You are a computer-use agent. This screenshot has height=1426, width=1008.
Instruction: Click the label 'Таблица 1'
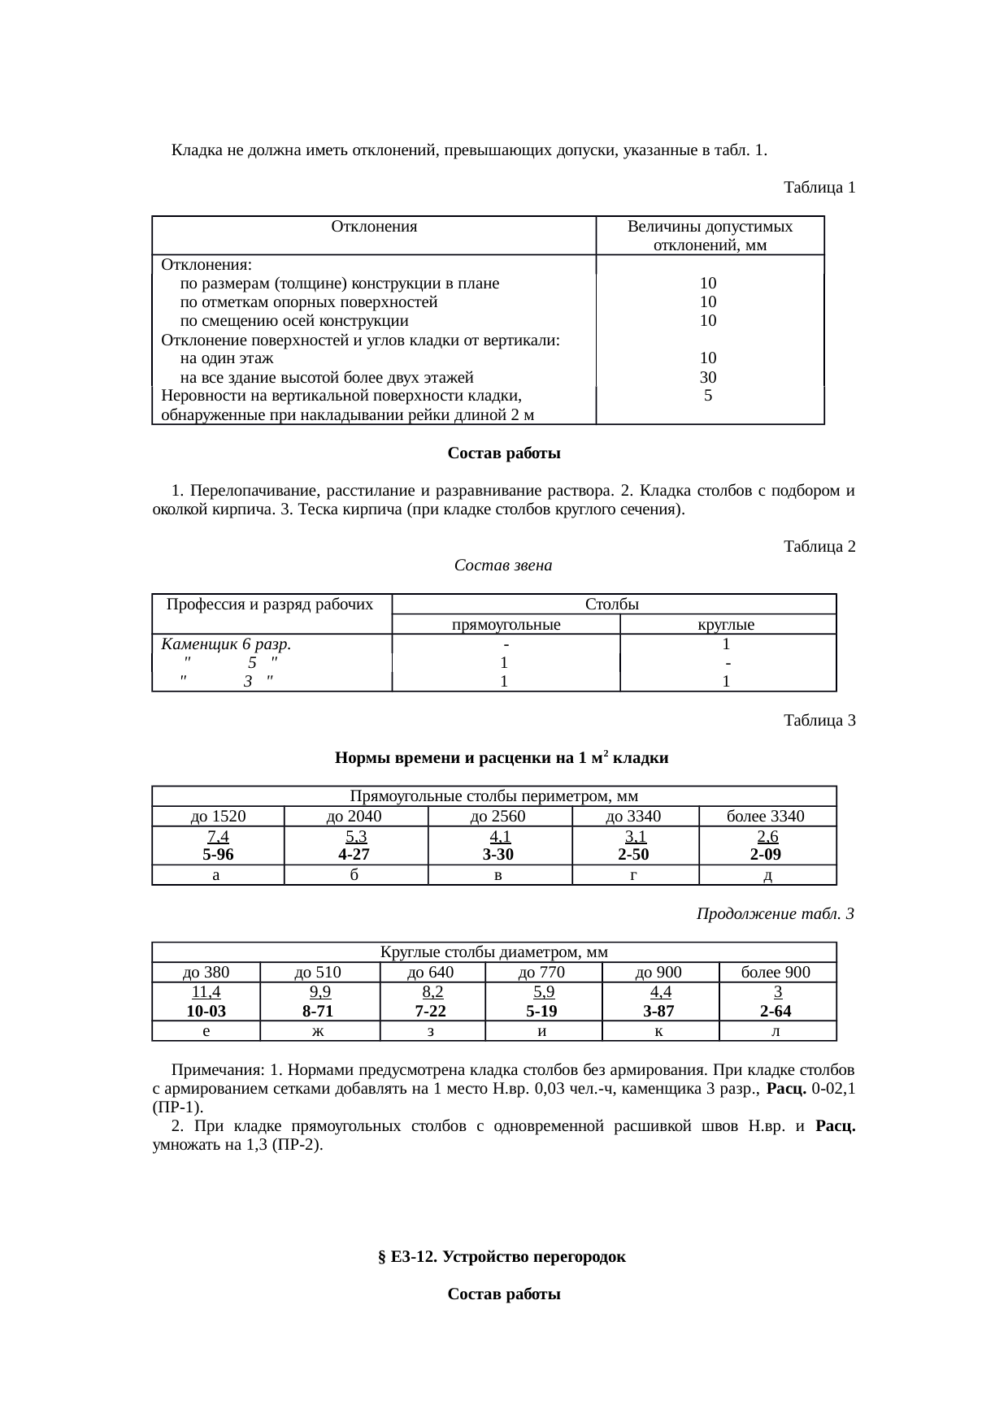pyautogui.click(x=819, y=188)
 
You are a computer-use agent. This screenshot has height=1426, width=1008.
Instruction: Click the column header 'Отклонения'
pyautogui.click(x=374, y=227)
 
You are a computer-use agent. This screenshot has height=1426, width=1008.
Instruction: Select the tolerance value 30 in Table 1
pyautogui.click(x=708, y=377)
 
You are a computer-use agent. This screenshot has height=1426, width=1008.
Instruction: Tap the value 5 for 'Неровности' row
pyautogui.click(x=708, y=396)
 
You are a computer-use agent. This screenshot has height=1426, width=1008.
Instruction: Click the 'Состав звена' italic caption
pyautogui.click(x=502, y=566)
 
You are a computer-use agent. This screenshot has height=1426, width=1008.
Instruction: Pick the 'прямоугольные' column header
pyautogui.click(x=506, y=625)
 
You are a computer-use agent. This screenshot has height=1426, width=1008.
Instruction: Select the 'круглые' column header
pyautogui.click(x=727, y=625)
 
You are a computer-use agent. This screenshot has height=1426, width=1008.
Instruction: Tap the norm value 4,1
pyautogui.click(x=499, y=836)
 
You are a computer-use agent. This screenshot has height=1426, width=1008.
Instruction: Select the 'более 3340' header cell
pyautogui.click(x=766, y=817)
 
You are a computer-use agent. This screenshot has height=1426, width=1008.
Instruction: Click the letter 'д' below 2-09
pyautogui.click(x=767, y=875)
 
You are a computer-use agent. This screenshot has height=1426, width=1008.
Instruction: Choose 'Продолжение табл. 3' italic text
pyautogui.click(x=775, y=914)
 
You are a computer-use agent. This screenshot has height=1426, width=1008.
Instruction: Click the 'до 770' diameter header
pyautogui.click(x=542, y=973)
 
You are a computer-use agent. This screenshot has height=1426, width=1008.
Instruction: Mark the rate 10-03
pyautogui.click(x=206, y=1011)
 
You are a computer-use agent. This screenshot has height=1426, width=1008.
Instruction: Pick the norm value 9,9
pyautogui.click(x=319, y=992)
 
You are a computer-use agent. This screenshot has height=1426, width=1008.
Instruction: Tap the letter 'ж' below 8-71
pyautogui.click(x=319, y=1031)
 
